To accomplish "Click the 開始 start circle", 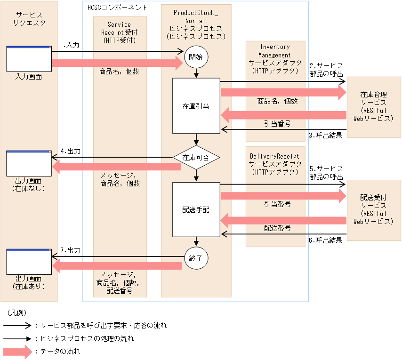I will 196,57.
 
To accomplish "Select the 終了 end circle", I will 196,258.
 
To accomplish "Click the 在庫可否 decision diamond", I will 196,158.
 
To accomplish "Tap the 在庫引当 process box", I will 196,106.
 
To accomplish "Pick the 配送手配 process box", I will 196,209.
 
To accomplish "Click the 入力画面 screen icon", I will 29,59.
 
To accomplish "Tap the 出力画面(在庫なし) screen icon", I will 29,163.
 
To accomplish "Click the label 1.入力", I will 69,45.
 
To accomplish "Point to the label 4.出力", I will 71,151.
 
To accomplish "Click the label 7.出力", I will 71,250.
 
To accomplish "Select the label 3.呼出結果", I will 325,136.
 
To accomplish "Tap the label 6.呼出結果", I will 325,240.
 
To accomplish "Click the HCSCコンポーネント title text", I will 117,8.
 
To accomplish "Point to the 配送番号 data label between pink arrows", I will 277,228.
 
